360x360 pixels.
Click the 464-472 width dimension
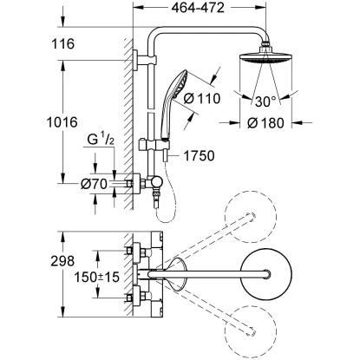coord(198,8)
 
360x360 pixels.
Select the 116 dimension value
coord(62,44)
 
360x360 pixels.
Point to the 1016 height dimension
coord(62,122)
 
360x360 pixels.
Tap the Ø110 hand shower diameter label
coord(202,99)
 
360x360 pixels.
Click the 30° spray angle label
coord(265,101)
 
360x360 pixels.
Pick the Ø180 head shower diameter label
coord(265,123)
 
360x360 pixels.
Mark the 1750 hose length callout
coord(199,156)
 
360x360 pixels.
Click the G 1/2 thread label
coord(101,140)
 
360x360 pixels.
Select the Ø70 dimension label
coord(94,184)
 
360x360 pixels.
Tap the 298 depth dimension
coord(62,261)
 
